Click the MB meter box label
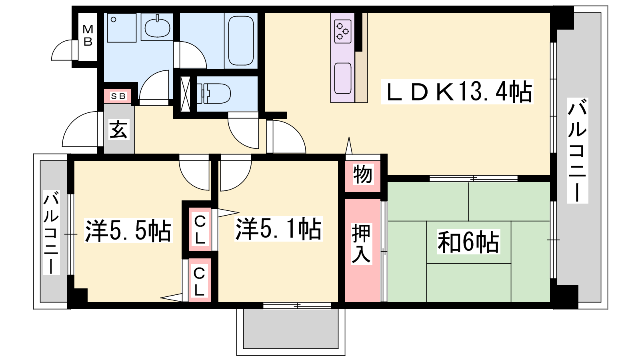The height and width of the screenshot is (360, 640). pyautogui.click(x=88, y=36)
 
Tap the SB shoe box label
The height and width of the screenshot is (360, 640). pyautogui.click(x=118, y=96)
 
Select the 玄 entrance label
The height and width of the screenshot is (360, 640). pyautogui.click(x=118, y=129)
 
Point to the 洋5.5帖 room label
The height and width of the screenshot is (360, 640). pyautogui.click(x=128, y=230)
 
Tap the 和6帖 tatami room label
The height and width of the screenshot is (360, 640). pyautogui.click(x=468, y=242)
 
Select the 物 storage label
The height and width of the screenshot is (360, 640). pyautogui.click(x=362, y=174)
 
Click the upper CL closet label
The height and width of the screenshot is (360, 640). pyautogui.click(x=200, y=230)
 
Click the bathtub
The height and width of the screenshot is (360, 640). pyautogui.click(x=241, y=40)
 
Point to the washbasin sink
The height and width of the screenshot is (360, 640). pyautogui.click(x=158, y=28)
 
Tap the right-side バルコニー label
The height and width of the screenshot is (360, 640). pyautogui.click(x=577, y=150)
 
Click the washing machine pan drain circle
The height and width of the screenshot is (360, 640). pyautogui.click(x=114, y=20)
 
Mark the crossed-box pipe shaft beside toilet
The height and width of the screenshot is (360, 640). pyautogui.click(x=186, y=94)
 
